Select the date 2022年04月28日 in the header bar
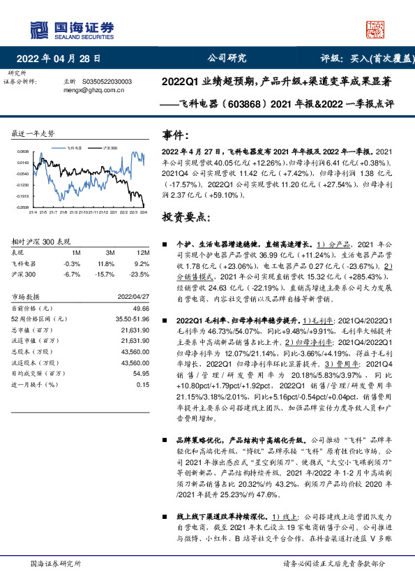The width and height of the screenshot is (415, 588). coord(63,59)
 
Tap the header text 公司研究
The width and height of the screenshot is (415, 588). coord(227,59)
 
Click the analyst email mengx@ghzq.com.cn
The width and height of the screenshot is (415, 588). coord(93,89)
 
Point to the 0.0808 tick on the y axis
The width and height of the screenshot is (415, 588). coord(23,151)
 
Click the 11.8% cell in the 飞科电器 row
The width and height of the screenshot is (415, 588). coord(106,264)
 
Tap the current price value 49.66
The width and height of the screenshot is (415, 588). coord(142,308)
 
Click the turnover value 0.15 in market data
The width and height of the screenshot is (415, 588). coord(144,384)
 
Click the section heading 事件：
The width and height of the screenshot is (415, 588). coord(175,134)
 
